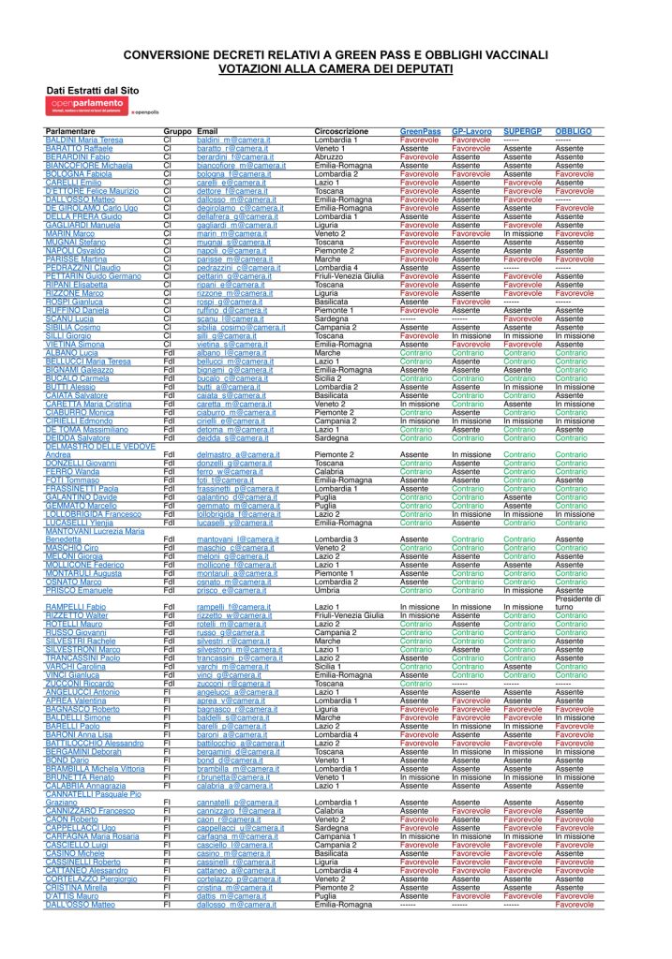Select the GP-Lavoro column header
click(x=471, y=131)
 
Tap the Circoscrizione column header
click(x=342, y=131)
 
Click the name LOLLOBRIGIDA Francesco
click(x=95, y=514)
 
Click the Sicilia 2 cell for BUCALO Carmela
click(x=330, y=377)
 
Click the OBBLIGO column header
click(x=573, y=131)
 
